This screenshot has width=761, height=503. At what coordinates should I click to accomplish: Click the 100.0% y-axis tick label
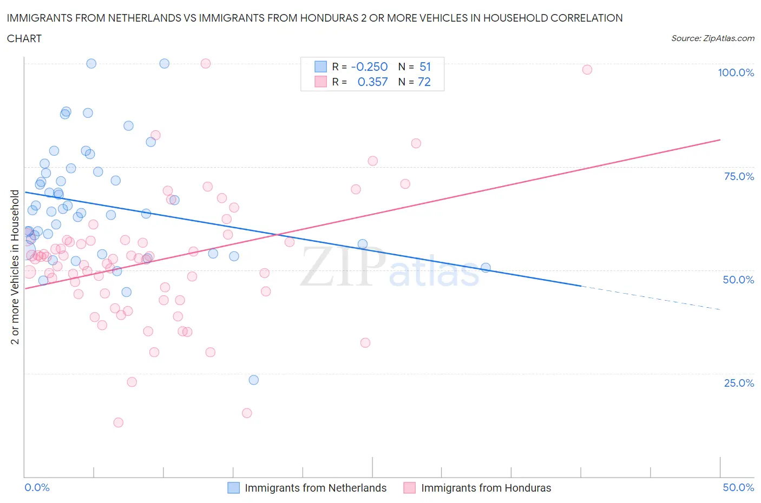(x=736, y=72)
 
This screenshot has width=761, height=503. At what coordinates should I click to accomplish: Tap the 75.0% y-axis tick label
(x=739, y=176)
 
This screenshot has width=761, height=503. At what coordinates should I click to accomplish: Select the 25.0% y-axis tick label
(x=739, y=383)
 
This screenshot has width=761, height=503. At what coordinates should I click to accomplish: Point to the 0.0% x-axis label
(x=37, y=487)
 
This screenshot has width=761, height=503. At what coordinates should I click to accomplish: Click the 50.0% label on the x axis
(x=738, y=487)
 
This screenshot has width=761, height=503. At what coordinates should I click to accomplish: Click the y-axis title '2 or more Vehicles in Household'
(x=15, y=267)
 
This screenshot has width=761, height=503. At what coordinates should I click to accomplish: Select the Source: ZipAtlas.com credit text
(x=712, y=38)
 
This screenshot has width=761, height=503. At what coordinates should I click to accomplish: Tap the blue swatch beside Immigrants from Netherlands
(x=233, y=488)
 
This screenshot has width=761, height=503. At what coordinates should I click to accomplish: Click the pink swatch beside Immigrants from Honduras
(x=409, y=488)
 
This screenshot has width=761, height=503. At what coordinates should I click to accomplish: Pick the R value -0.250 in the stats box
(x=369, y=67)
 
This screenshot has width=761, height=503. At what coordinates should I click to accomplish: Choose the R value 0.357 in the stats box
(x=372, y=82)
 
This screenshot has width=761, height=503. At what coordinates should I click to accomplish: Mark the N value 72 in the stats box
(x=424, y=82)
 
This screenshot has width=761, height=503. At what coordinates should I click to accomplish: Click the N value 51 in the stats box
(x=425, y=67)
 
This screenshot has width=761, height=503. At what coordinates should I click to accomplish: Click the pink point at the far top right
(x=587, y=69)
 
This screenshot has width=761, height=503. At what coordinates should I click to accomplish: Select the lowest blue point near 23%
(x=253, y=380)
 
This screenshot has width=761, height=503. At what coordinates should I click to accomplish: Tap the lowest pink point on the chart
(x=118, y=422)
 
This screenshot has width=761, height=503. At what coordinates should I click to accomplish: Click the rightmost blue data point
(x=486, y=268)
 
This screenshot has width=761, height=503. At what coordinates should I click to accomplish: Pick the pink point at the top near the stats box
(x=205, y=63)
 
